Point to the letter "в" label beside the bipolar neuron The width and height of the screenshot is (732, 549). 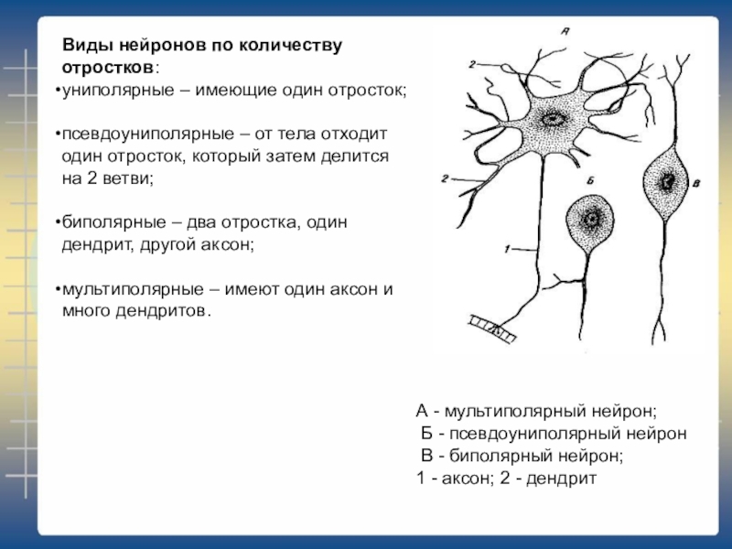coord(698,185)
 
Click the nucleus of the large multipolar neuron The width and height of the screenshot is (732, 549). coord(554,119)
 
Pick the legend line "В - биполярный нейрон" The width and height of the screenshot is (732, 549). coord(522,456)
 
